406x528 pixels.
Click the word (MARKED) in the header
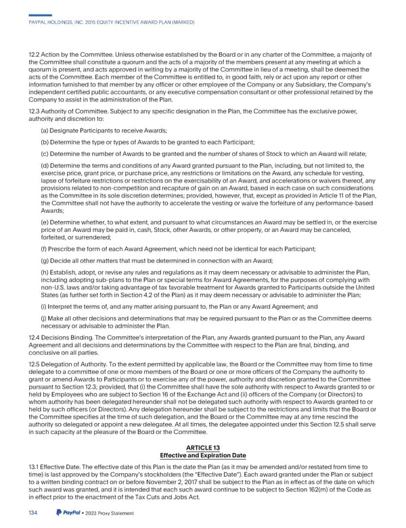click(179, 22)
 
